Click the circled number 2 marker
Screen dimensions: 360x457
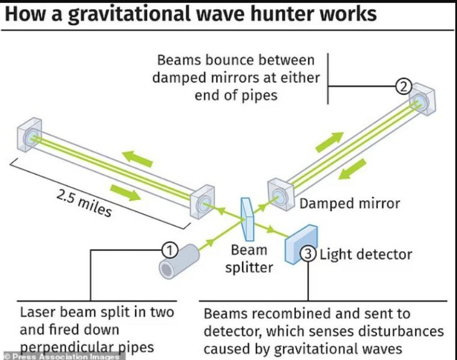pos(404,86)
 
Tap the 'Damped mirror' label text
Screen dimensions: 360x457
pos(350,203)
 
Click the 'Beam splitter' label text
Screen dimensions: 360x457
pos(249,258)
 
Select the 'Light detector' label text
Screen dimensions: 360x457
pos(366,254)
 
